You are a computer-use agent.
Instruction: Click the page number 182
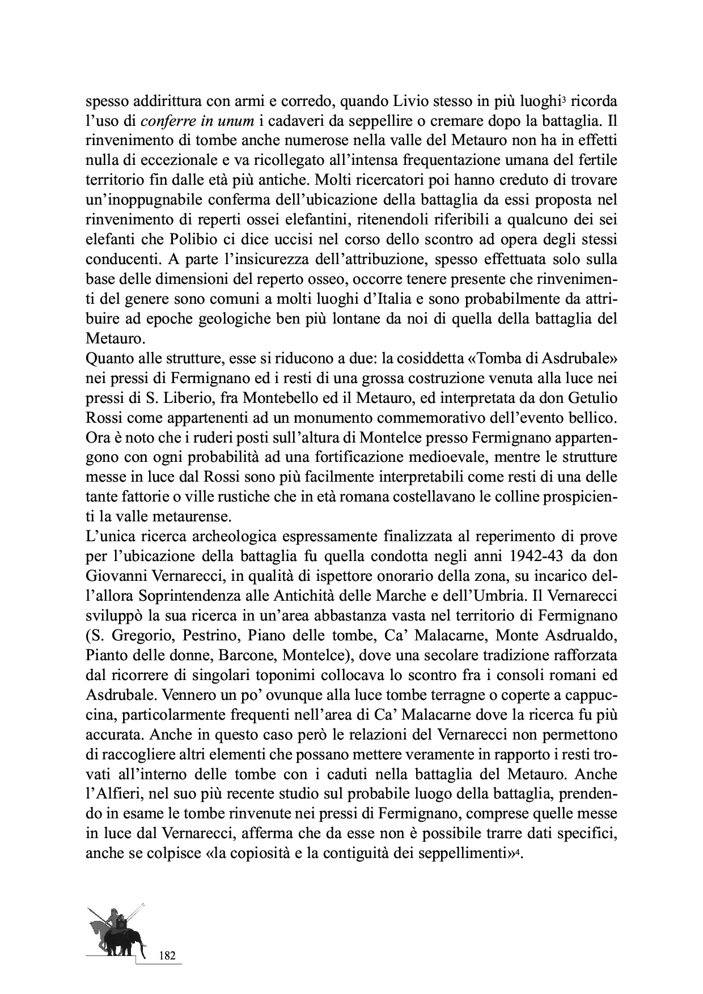168,955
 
